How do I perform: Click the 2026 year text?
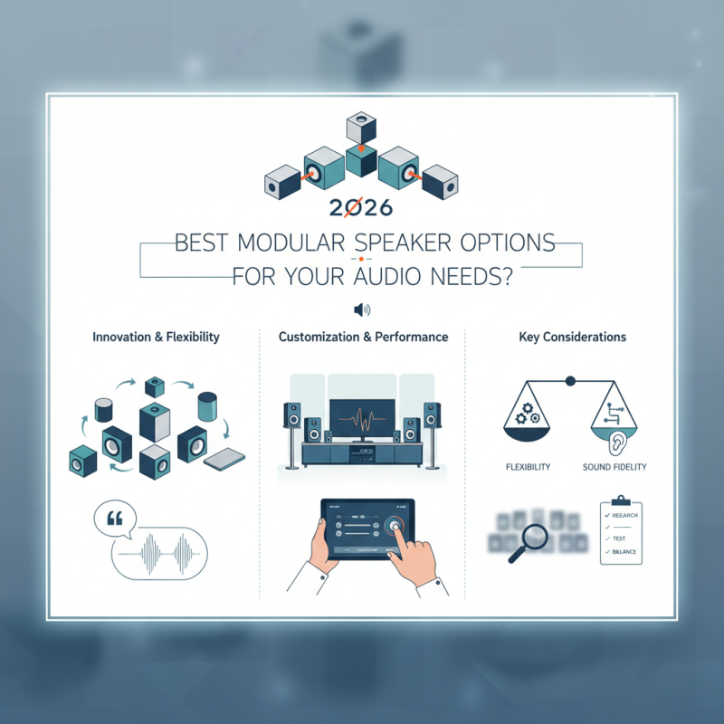360,207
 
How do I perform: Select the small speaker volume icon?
362,310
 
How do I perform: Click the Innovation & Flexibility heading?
156,337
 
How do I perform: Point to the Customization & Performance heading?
363,337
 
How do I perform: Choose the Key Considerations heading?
572,337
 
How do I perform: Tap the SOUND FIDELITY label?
615,467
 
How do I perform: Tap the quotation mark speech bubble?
115,519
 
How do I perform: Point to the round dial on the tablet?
394,525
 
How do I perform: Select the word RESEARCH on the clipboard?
624,515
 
